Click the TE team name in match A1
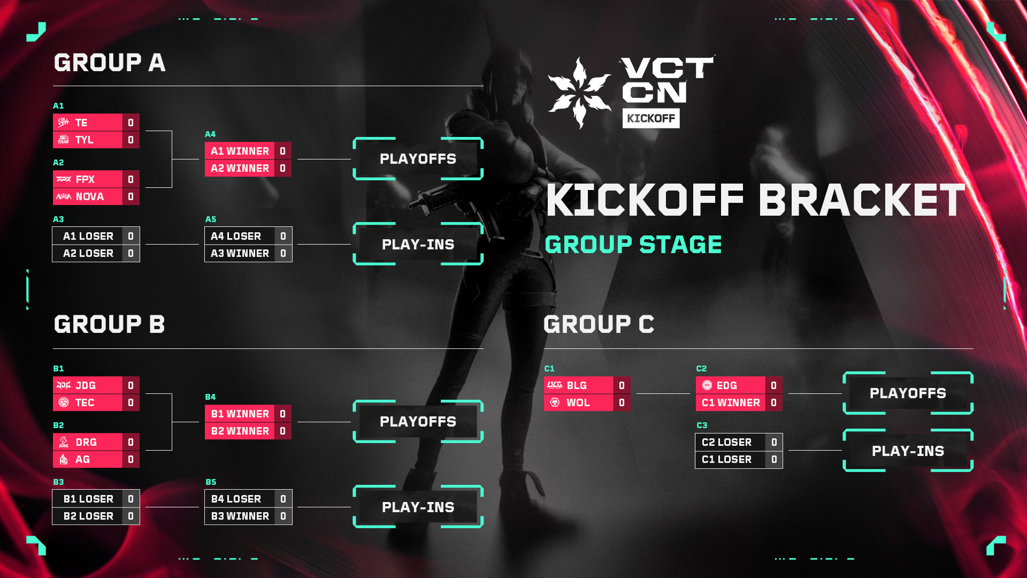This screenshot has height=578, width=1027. tap(81, 123)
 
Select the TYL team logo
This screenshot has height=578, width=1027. tap(64, 140)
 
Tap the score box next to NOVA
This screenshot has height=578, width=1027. tap(131, 196)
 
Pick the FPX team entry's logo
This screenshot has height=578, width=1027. tap(64, 179)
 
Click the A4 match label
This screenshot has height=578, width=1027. tap(210, 134)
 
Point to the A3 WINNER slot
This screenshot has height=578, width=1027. tap(240, 253)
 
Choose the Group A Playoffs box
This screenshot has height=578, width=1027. tap(418, 159)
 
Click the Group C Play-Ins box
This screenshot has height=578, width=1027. tap(908, 451)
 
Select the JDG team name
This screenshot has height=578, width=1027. tap(86, 385)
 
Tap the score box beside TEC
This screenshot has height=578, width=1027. tap(131, 402)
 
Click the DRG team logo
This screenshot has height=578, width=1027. tap(64, 442)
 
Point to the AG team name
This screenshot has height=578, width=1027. tap(82, 459)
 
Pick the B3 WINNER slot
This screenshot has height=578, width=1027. tap(240, 516)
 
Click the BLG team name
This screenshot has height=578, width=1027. tap(577, 385)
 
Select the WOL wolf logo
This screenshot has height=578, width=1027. tap(555, 402)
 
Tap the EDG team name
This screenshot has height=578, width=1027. tap(726, 385)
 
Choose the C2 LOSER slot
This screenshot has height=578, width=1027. tap(726, 442)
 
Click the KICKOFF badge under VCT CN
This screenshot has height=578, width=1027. tap(651, 118)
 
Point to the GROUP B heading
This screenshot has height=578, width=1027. tap(110, 324)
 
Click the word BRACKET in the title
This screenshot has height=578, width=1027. tap(861, 201)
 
